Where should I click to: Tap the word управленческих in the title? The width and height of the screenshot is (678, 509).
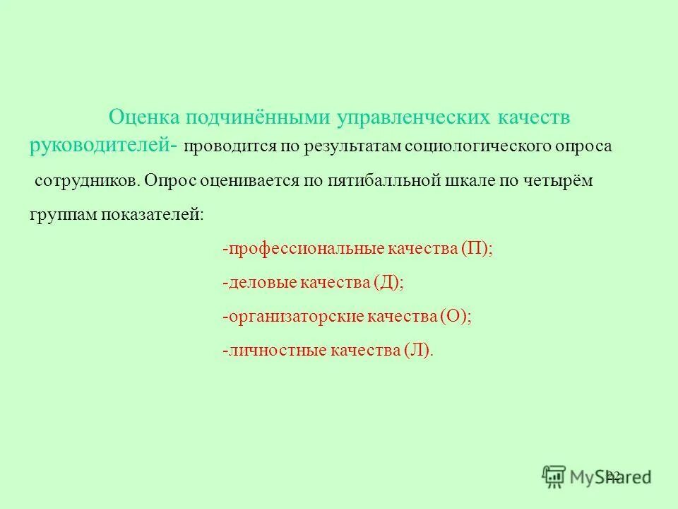coord(398,117)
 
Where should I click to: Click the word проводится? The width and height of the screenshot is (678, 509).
coord(222,146)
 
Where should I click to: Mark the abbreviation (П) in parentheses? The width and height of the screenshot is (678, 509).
coord(475,249)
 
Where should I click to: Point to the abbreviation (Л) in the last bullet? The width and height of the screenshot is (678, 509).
coord(417,351)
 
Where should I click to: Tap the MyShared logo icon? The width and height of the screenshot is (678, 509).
coord(554,475)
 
